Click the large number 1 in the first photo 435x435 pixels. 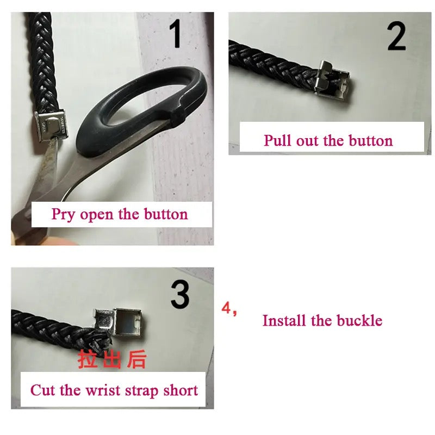(x=176, y=34)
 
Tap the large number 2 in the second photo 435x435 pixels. (x=397, y=36)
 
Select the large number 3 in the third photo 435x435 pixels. (x=180, y=294)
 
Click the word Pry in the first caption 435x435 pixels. (x=63, y=214)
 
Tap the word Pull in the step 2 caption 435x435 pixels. (x=278, y=140)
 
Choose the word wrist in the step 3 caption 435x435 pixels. (x=103, y=390)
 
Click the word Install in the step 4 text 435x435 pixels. (x=284, y=320)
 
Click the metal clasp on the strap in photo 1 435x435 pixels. (x=51, y=126)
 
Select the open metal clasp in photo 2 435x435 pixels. (x=332, y=79)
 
